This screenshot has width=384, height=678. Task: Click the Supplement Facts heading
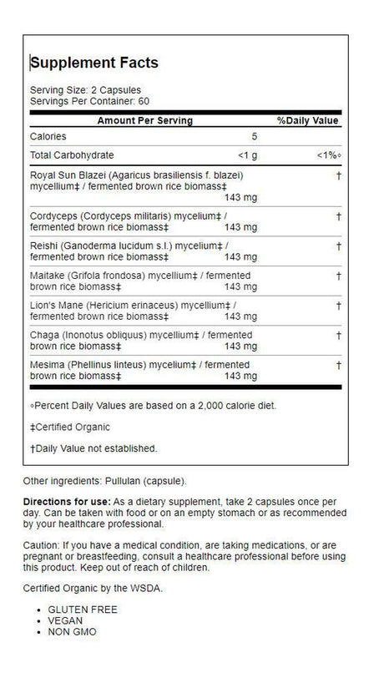coord(93,63)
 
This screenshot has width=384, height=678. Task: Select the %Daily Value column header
coord(307,120)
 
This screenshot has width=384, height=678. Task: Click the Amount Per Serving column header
coord(144,120)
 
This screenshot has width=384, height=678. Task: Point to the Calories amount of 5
coord(255,136)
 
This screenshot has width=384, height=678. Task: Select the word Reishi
coord(43,245)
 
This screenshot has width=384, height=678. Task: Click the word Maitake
coord(47,276)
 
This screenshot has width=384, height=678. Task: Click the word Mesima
coord(47,366)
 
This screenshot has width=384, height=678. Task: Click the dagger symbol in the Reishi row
coord(337,245)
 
